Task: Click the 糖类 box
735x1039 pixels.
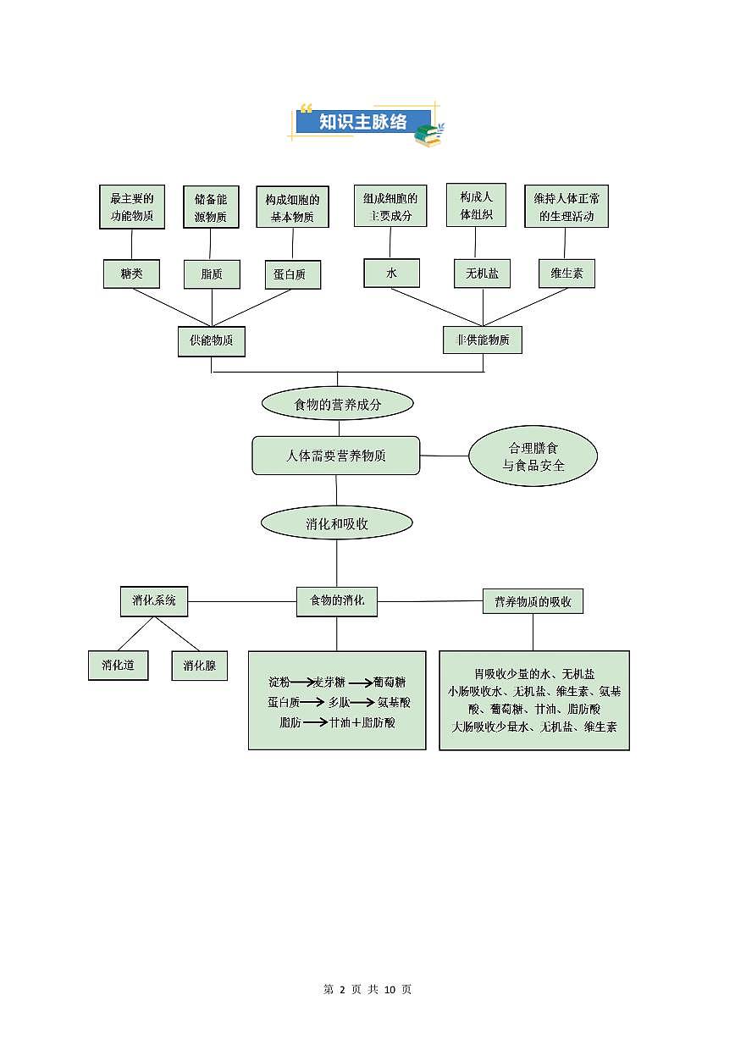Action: [131, 274]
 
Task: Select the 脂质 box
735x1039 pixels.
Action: [212, 274]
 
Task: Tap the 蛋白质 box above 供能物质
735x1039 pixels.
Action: [292, 274]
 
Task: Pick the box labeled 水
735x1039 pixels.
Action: [391, 273]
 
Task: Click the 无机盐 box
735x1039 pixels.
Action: [482, 274]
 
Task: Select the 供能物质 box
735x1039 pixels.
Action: [212, 340]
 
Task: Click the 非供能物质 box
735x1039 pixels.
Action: [483, 340]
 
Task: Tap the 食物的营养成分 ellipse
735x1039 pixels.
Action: [337, 404]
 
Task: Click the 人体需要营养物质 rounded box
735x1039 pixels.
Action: [336, 456]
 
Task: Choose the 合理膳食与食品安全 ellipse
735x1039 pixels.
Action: [533, 456]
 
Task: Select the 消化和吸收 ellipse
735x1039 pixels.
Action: [337, 523]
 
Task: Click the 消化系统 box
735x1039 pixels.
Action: [154, 600]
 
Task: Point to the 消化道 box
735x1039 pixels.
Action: [118, 665]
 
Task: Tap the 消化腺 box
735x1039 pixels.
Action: [199, 666]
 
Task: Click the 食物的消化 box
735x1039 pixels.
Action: [337, 600]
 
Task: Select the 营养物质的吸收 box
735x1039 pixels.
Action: [533, 601]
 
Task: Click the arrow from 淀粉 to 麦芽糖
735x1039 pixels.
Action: [302, 683]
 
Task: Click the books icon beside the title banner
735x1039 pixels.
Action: [428, 135]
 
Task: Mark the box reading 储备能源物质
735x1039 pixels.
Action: [211, 207]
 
